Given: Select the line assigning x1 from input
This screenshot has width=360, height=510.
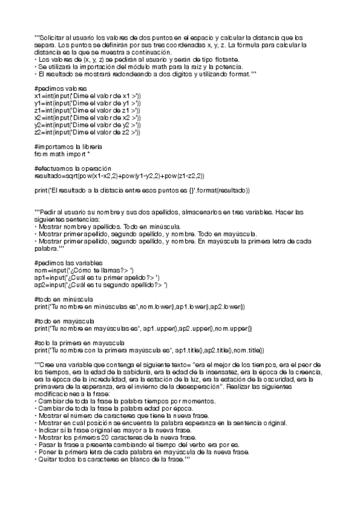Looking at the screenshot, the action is [88, 96].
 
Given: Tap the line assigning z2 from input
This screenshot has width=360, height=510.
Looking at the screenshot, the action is [88, 132].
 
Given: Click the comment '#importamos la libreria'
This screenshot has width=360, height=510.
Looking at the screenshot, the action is [68, 147].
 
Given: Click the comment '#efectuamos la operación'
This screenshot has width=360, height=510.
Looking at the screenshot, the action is [72, 168].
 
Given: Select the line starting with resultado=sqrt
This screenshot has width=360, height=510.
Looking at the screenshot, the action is [120, 176].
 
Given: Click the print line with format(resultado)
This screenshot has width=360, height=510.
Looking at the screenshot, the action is [141, 190].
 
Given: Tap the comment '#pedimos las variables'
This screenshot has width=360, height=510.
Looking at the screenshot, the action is [69, 263].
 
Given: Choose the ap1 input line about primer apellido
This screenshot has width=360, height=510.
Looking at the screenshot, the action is [97, 277].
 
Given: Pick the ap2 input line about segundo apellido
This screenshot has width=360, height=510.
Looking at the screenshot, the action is [101, 284].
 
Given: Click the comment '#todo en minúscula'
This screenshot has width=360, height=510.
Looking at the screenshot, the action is [63, 299].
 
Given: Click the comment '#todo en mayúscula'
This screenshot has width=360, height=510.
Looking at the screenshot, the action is [64, 321].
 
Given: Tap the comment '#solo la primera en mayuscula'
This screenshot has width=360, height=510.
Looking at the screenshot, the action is [79, 343].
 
